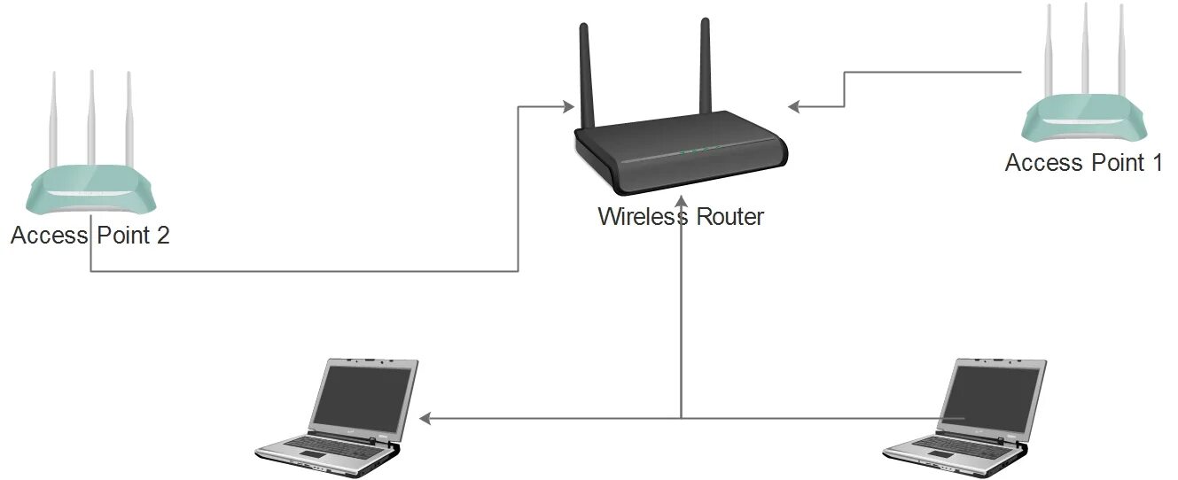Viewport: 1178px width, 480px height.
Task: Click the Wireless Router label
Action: [x=680, y=216]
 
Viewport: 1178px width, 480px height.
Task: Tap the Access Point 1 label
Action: [x=1083, y=163]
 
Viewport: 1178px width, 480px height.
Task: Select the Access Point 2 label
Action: [x=90, y=236]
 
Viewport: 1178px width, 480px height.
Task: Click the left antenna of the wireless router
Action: [x=586, y=75]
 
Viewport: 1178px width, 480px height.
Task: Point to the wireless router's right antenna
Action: [x=706, y=66]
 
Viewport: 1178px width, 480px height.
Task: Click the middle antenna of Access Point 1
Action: [x=1085, y=53]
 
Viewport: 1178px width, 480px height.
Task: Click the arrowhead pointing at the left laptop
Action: [x=425, y=417]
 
